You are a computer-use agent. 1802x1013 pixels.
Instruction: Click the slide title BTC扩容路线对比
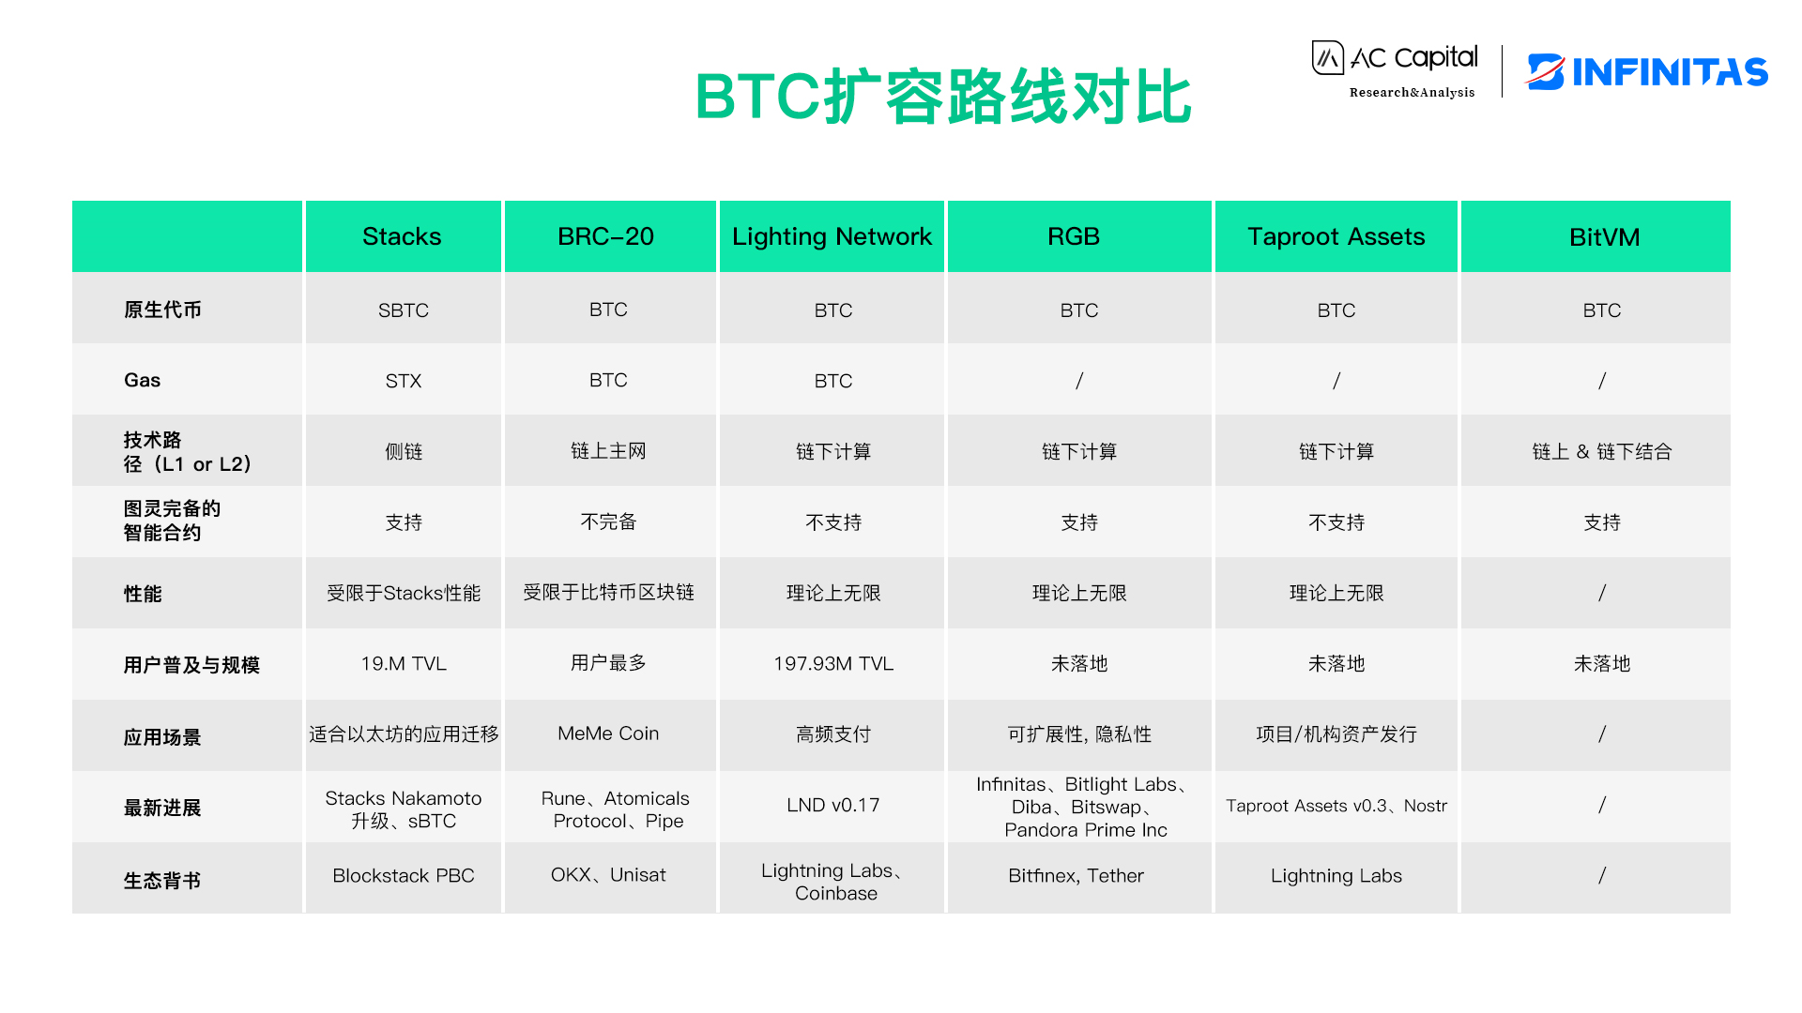coord(942,97)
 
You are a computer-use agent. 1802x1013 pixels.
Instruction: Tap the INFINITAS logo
coord(1648,72)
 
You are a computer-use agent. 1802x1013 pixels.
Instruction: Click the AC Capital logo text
coord(1413,58)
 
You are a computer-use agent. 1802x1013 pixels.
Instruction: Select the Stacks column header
coord(402,236)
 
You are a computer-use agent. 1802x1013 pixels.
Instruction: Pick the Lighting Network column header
coord(832,236)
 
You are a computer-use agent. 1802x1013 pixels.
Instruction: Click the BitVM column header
coord(1604,237)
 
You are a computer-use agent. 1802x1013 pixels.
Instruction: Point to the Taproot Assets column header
coord(1336,236)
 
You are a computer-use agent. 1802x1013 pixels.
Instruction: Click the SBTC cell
coord(403,310)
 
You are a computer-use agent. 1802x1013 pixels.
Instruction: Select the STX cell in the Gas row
coord(403,381)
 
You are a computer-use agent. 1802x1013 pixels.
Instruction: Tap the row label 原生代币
coord(162,310)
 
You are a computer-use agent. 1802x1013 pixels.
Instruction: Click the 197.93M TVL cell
coord(832,664)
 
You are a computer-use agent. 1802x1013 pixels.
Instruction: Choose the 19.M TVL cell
coord(403,664)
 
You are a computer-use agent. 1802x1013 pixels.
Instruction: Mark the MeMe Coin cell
coord(608,733)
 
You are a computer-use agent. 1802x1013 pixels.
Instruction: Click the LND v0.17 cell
coord(832,805)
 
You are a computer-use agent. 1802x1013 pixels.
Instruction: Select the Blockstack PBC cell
coord(403,875)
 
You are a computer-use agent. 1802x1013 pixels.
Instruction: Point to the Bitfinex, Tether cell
coord(1076,875)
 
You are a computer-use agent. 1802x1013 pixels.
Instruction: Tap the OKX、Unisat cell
coord(608,875)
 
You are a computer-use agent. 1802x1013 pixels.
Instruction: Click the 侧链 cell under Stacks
coord(403,451)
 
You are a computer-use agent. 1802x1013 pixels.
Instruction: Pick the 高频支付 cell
coord(832,734)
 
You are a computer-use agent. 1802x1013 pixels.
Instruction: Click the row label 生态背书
coord(162,881)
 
